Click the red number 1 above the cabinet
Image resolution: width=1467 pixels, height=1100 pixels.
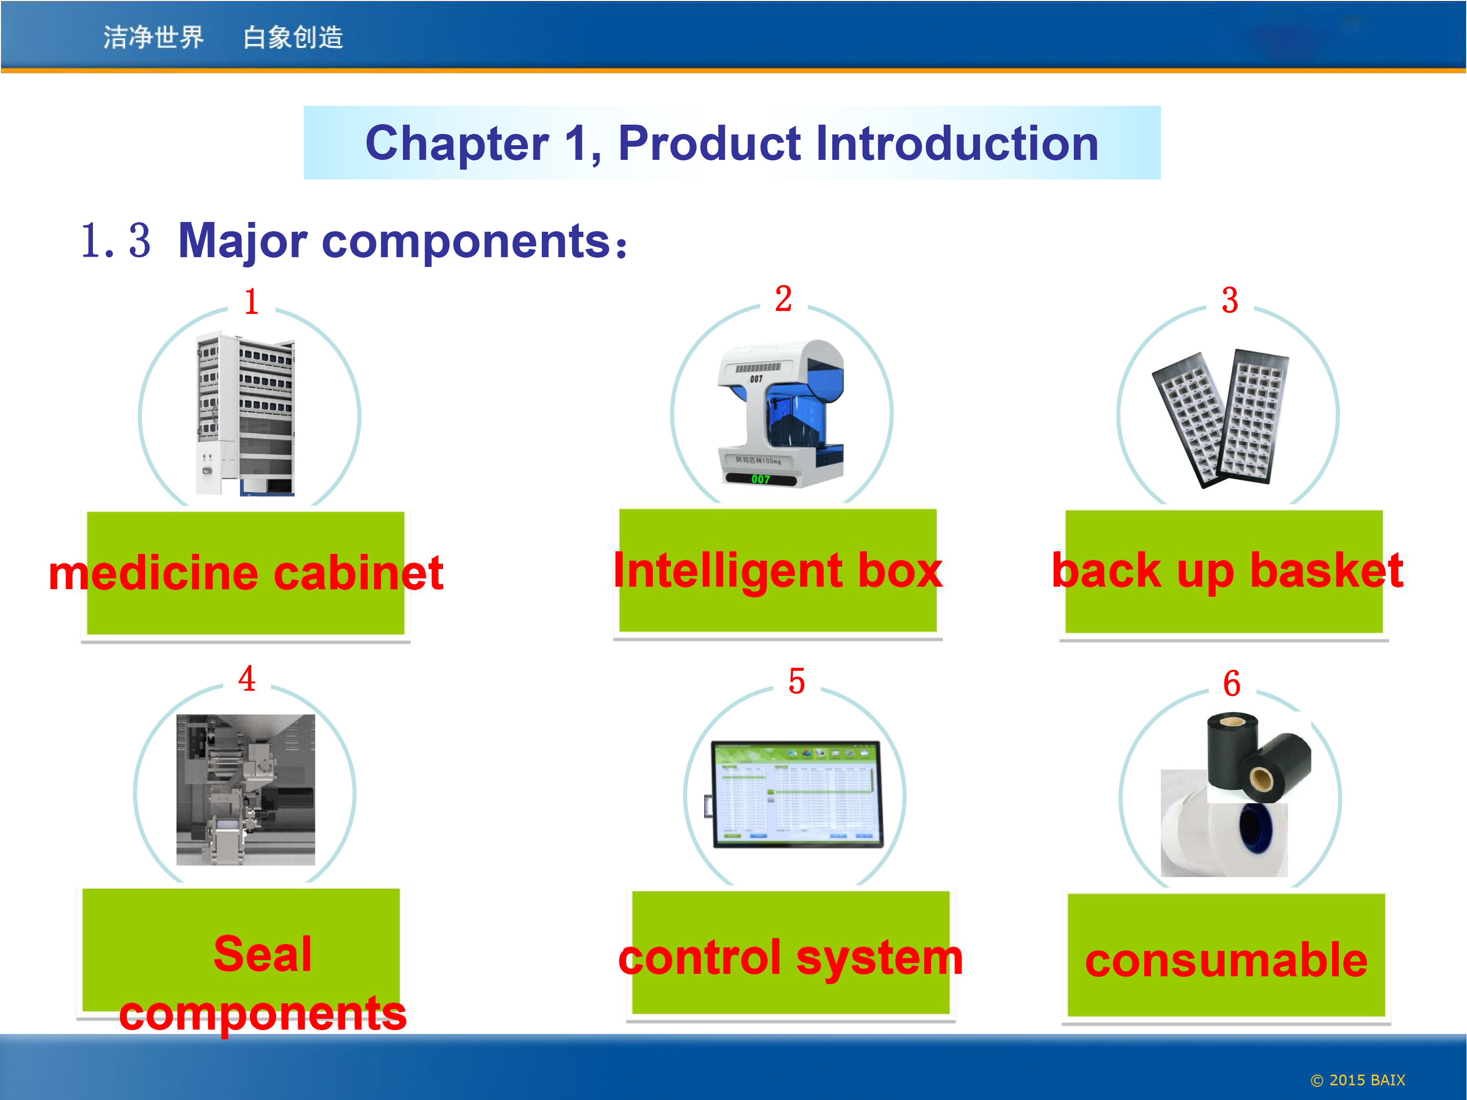pyautogui.click(x=251, y=302)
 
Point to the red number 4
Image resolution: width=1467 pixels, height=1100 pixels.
pyautogui.click(x=247, y=678)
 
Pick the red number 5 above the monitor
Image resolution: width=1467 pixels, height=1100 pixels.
pyautogui.click(x=797, y=682)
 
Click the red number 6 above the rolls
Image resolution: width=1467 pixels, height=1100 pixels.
pyautogui.click(x=1232, y=683)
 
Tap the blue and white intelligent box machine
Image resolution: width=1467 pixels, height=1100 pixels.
pyautogui.click(x=780, y=414)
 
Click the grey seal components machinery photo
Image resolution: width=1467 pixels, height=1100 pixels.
pyautogui.click(x=245, y=790)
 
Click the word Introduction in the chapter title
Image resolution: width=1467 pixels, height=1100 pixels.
pyautogui.click(x=957, y=143)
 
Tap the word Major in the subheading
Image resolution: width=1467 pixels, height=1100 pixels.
pyautogui.click(x=243, y=242)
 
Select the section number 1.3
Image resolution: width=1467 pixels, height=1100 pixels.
pyautogui.click(x=115, y=240)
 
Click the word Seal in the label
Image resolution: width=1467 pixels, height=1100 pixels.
pyautogui.click(x=263, y=954)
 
